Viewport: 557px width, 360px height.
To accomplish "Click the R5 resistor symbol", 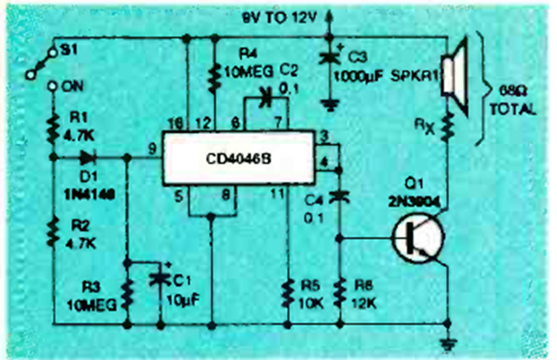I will [289, 295].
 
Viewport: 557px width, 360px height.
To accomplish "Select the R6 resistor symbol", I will [340, 295].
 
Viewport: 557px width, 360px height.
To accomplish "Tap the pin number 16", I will [177, 123].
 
